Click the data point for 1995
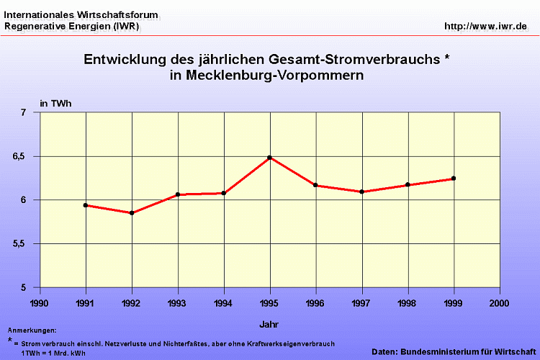click(x=270, y=158)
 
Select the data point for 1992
click(x=132, y=213)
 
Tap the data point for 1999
click(x=454, y=179)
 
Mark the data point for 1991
click(x=86, y=205)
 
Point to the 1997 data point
click(x=361, y=192)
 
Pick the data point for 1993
click(x=178, y=194)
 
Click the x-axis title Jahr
click(x=269, y=323)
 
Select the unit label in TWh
click(x=55, y=104)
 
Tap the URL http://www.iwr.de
click(x=486, y=27)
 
